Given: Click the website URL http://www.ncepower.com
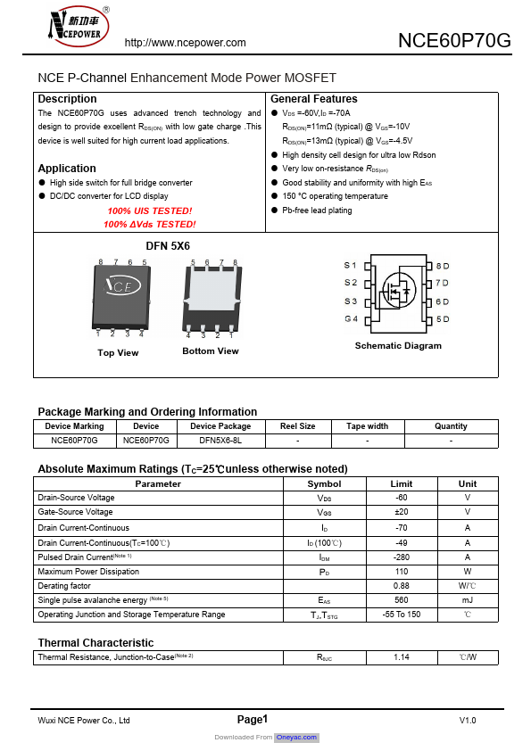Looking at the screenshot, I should pos(185,43).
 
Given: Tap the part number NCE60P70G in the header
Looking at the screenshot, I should pos(454,41).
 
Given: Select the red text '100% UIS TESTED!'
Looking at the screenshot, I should pos(149,210).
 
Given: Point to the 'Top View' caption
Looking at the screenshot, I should pos(118,353).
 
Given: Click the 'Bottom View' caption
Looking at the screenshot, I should pos(211,351).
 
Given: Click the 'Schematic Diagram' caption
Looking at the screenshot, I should pos(398,346).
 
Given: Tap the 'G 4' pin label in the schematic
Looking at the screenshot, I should pos(351,319).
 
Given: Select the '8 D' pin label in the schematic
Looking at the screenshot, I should pos(442,266).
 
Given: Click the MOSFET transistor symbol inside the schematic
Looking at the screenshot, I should pos(396,291).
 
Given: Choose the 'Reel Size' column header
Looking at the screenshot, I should pos(297,426).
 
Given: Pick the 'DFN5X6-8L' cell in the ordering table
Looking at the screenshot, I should pos(220,441).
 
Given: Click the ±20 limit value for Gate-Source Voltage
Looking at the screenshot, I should pos(401,513).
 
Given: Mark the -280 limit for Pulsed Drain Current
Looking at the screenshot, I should pos(401,557).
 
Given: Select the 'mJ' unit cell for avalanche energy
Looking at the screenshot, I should pos(468,600).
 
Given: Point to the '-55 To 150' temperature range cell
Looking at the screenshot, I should pos(401,615).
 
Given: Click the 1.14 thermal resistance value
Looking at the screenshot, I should pos(401,657).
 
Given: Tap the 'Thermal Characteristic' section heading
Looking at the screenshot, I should pos(95,643).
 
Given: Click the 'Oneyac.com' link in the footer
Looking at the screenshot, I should pos(296,738).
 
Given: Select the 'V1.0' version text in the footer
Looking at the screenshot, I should pos(468,720).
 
